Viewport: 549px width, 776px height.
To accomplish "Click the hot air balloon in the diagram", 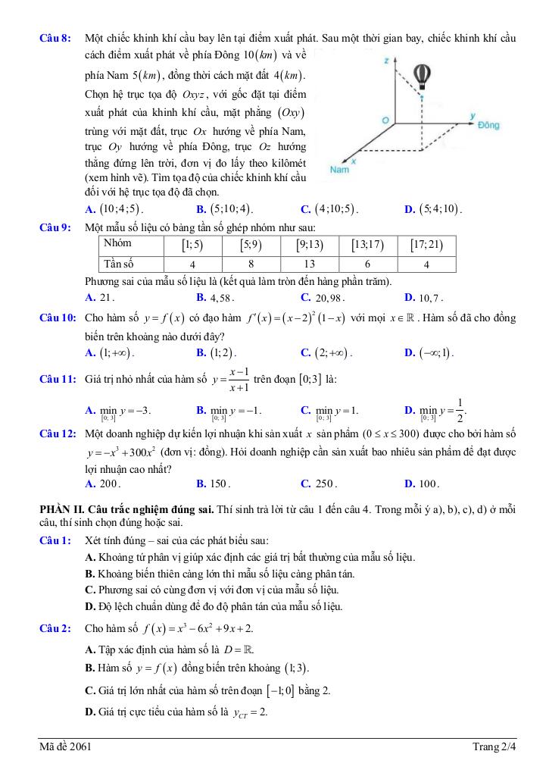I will click(422, 74).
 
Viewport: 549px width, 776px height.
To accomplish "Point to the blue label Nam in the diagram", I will click(339, 171).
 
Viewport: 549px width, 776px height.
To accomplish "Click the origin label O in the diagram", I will click(385, 120).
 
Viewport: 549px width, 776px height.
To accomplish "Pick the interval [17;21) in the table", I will click(426, 245).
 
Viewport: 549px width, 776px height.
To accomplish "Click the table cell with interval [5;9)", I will click(251, 245).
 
